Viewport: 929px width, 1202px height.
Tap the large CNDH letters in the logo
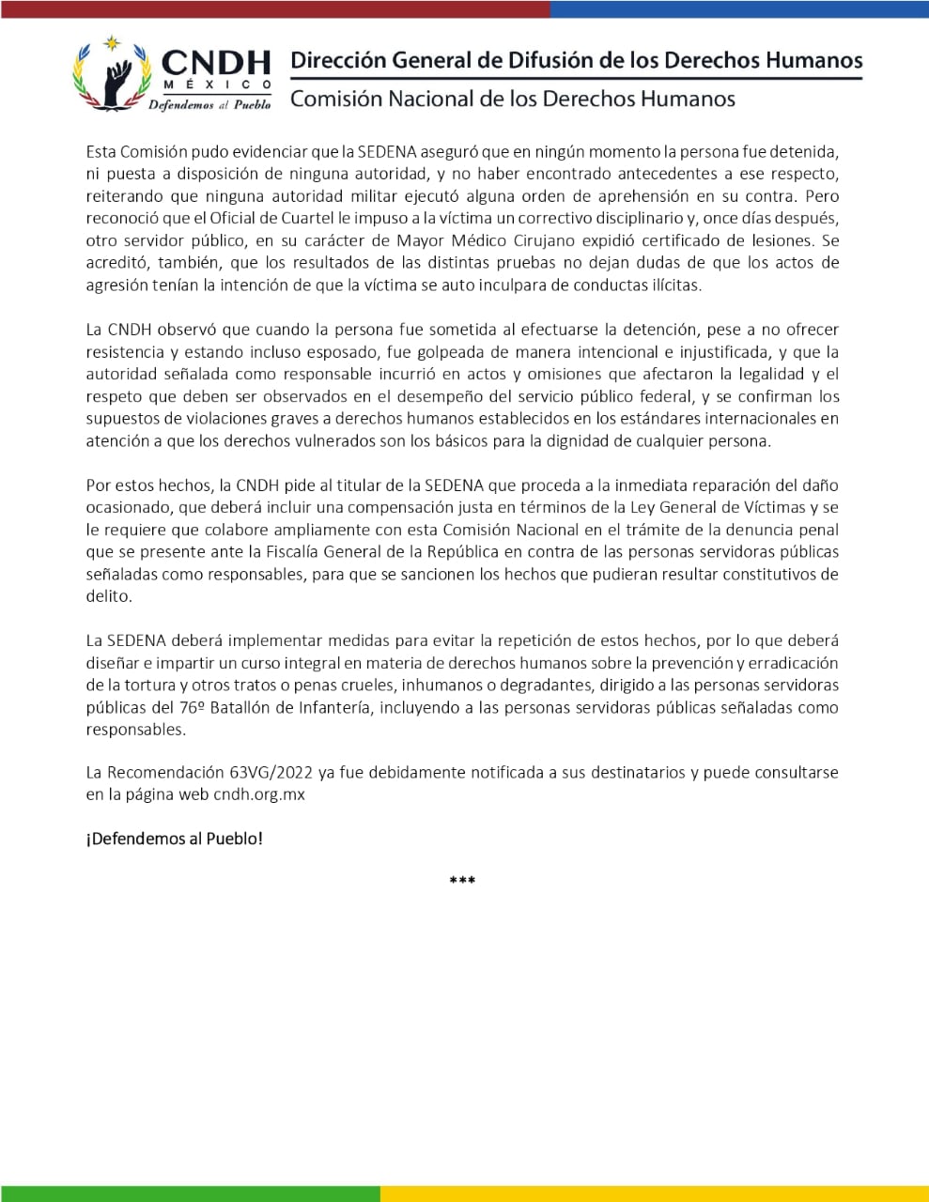(215, 63)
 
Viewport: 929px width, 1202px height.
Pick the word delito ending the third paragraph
(107, 596)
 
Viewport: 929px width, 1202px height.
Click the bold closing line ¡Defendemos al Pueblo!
(175, 839)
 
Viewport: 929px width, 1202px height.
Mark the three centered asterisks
(462, 881)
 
